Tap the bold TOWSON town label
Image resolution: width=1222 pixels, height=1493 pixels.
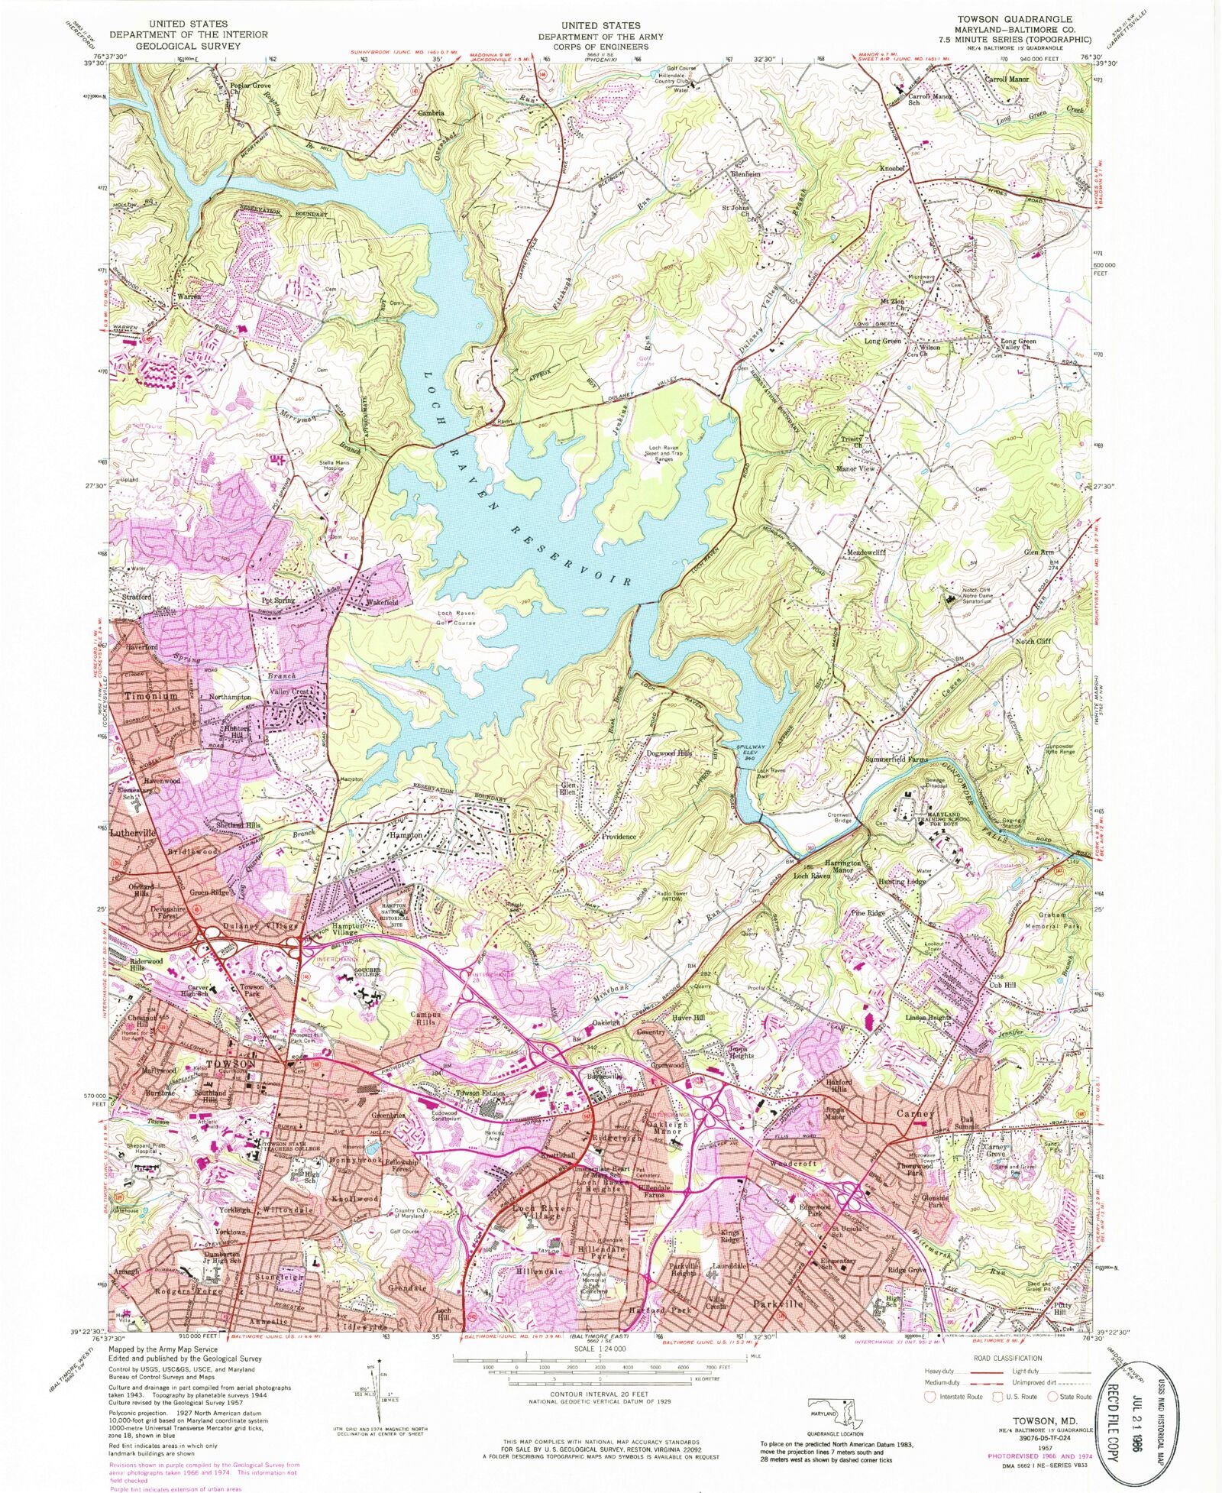230,1064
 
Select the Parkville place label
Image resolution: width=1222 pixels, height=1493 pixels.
777,1304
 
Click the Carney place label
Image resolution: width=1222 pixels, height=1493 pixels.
914,1113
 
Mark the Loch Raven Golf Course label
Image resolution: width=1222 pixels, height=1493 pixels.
457,617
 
